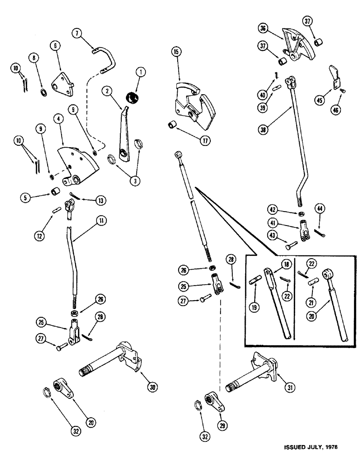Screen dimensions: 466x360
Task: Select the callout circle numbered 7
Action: coord(77,33)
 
